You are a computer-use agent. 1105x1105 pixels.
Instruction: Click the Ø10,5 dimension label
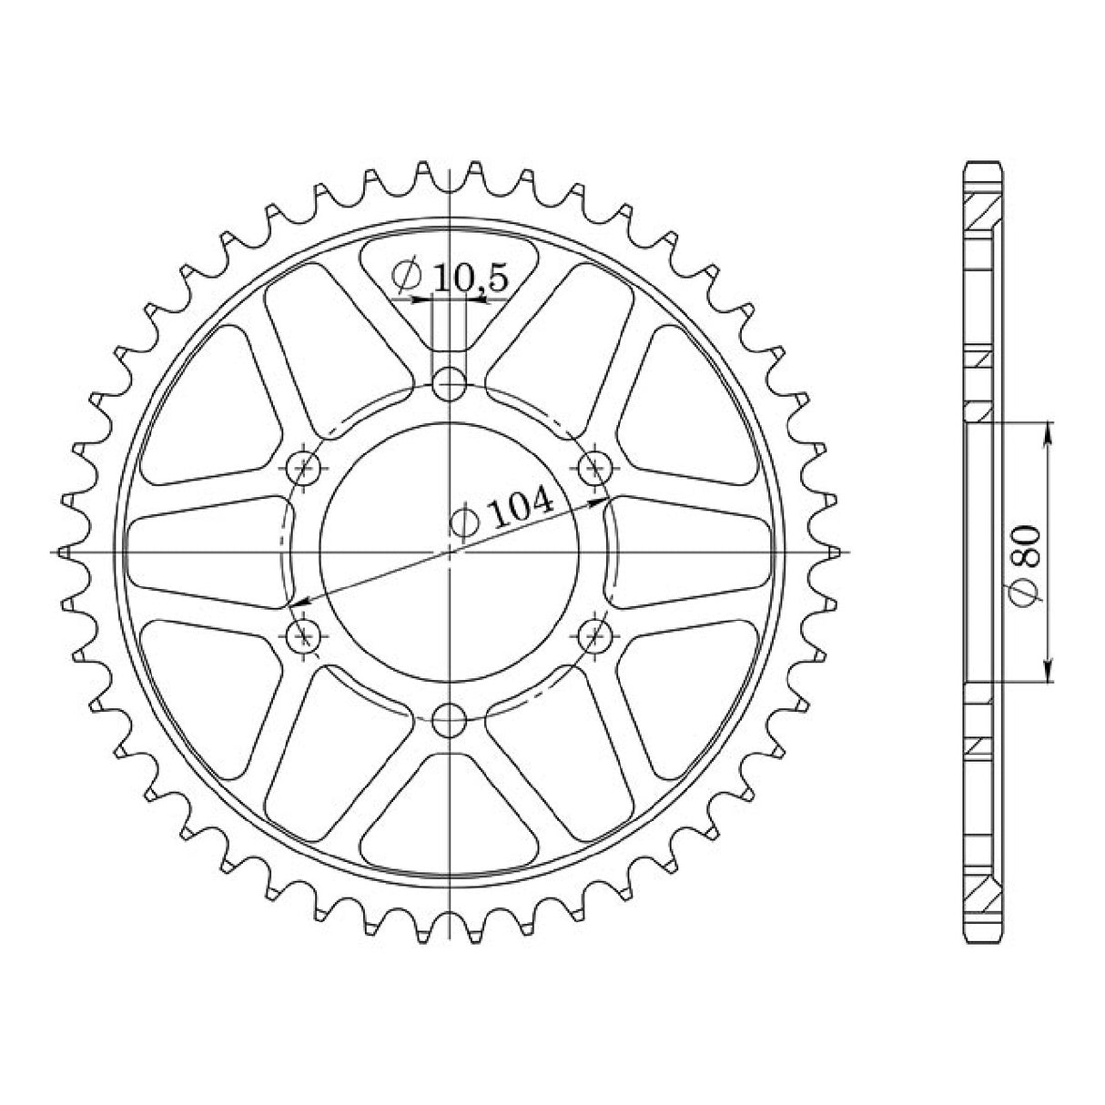[450, 277]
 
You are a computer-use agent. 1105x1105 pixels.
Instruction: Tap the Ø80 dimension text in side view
[1027, 565]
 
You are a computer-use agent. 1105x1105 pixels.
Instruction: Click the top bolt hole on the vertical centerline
[449, 384]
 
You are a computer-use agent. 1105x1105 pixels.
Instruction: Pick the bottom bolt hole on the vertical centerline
[449, 722]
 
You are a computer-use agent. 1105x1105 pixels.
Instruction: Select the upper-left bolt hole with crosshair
[303, 469]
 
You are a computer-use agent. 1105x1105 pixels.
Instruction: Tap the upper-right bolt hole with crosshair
[596, 469]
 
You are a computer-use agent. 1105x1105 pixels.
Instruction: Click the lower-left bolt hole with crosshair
[303, 634]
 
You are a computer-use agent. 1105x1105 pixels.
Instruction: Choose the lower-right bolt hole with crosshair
[596, 634]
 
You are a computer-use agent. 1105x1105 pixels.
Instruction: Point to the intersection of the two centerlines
[450, 552]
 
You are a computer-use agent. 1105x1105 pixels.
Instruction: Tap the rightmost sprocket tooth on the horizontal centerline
[835, 552]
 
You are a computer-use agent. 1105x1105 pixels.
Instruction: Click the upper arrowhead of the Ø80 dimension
[1049, 431]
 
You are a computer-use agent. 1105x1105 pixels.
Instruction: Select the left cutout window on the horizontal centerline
[205, 552]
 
